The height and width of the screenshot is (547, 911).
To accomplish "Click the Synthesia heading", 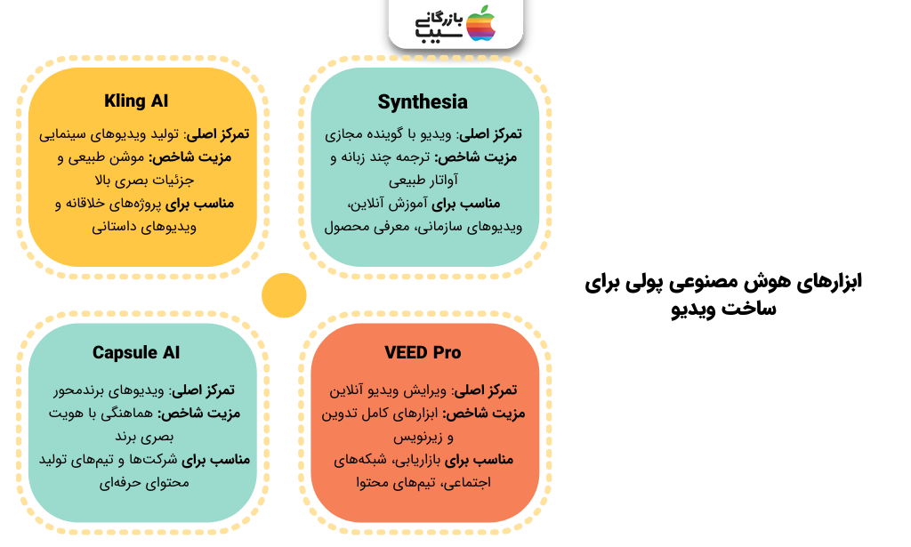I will coord(423,101).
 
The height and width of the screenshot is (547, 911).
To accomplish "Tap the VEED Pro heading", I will coord(423,353).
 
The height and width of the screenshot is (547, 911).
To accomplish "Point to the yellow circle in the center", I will coord(284,295).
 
